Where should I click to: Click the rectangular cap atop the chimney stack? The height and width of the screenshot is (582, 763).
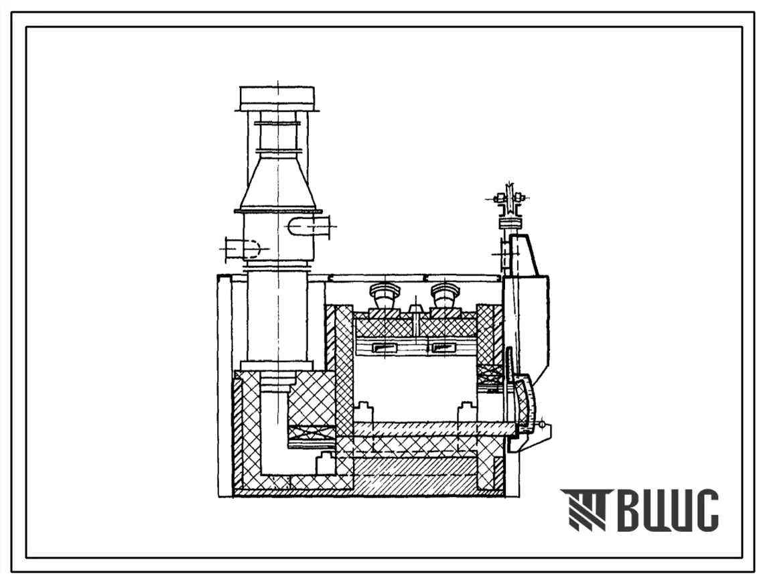point(277,98)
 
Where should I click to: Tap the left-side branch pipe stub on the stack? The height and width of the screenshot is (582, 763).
point(242,248)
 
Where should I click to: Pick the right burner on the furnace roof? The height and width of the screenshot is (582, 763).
point(443,296)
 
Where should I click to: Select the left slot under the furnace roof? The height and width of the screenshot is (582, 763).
point(388,348)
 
